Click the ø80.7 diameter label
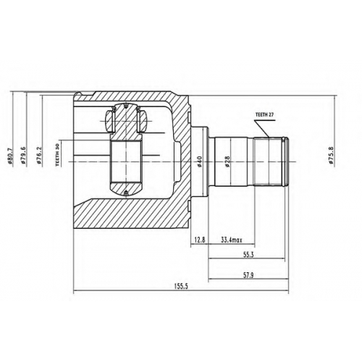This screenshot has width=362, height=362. [10, 156]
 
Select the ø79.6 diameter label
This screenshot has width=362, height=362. [24, 156]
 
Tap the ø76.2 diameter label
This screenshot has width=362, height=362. [39, 156]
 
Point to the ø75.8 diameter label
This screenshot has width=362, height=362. [331, 156]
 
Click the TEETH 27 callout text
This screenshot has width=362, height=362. [265, 115]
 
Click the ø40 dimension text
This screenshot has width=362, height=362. [199, 161]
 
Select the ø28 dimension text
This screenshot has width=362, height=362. [227, 161]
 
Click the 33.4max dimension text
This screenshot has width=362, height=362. [232, 240]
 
